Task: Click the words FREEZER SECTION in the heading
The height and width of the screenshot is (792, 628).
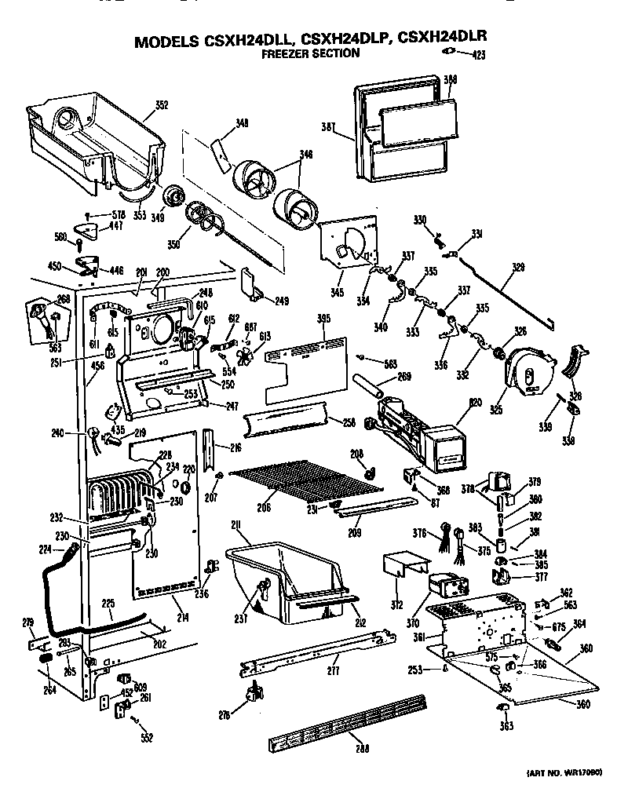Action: (x=310, y=54)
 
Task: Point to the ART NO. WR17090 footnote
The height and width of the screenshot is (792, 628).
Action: (x=561, y=773)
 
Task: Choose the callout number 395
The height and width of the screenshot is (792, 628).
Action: (x=323, y=318)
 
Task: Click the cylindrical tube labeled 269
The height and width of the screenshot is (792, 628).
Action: (x=371, y=389)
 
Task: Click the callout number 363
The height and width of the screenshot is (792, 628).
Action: (x=506, y=726)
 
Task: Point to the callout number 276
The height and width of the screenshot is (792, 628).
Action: (x=226, y=715)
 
